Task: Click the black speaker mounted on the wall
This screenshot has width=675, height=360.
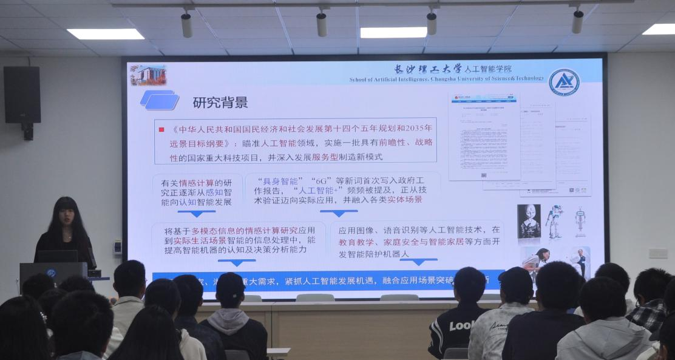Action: pos(22,95)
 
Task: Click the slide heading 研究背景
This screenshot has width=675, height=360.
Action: pos(220,102)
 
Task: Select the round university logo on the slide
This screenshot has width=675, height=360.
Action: pos(564,82)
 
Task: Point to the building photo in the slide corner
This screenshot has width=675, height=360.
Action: pos(148,75)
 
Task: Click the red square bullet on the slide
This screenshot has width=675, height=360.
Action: pos(161,129)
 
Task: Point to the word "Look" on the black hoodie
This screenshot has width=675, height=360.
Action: pos(462,326)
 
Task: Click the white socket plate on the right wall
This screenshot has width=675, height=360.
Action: pos(657,253)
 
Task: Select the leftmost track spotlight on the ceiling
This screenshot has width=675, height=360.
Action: pos(186,24)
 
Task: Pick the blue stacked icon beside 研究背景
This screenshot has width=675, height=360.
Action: pos(160,100)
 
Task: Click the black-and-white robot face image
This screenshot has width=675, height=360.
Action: pos(529,221)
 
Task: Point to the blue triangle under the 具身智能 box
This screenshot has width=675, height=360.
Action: pos(338,213)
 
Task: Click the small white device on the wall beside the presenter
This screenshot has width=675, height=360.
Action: pos(117,246)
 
